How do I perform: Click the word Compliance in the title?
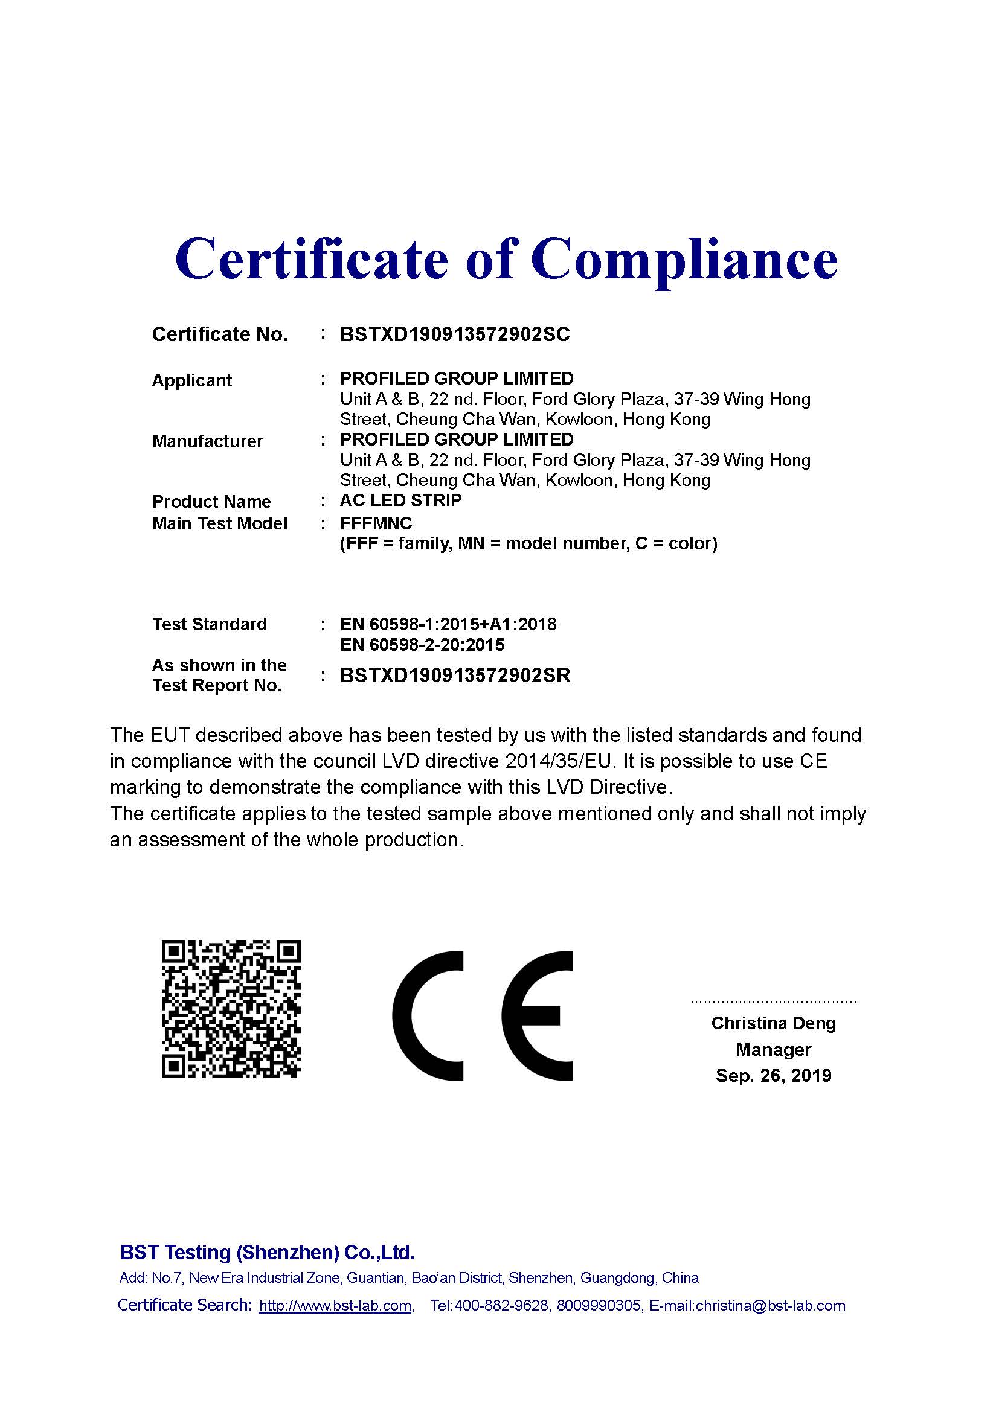pyautogui.click(x=684, y=261)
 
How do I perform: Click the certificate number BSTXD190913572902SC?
pyautogui.click(x=455, y=334)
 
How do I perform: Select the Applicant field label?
pyautogui.click(x=192, y=381)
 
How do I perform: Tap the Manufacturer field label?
pyautogui.click(x=207, y=441)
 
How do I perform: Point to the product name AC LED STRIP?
pyautogui.click(x=400, y=500)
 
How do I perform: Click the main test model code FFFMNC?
pyautogui.click(x=376, y=523)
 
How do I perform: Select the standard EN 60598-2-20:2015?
pyautogui.click(x=422, y=645)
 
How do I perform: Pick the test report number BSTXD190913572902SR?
pyautogui.click(x=455, y=676)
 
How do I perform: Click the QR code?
pyautogui.click(x=231, y=1009)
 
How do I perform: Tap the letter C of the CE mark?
pyautogui.click(x=428, y=1017)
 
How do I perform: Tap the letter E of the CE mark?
pyautogui.click(x=536, y=1017)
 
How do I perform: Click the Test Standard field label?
pyautogui.click(x=209, y=624)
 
